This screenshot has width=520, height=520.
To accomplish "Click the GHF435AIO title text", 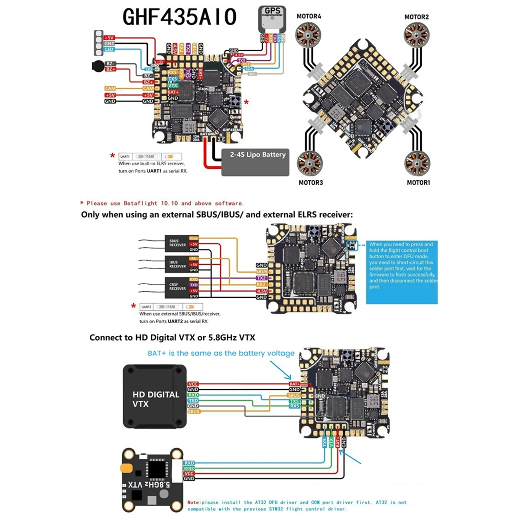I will (x=179, y=17).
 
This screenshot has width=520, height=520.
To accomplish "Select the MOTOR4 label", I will (x=309, y=16).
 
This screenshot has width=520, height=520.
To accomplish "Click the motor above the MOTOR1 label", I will (x=417, y=164).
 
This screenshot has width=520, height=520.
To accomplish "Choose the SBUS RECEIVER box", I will (x=177, y=243).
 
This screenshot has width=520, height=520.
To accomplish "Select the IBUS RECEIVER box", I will (x=177, y=264).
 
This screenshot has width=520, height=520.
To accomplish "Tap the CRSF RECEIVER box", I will (x=177, y=286).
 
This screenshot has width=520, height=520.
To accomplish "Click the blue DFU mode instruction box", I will (x=402, y=272).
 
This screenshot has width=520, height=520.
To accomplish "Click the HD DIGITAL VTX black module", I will (x=155, y=396).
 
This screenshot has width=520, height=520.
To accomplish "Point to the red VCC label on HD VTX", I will (x=193, y=384).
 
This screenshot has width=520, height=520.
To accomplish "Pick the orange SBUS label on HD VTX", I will (x=194, y=411).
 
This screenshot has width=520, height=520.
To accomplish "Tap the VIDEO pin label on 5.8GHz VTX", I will (x=189, y=468).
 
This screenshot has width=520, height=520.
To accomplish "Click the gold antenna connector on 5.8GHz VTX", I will (x=126, y=468).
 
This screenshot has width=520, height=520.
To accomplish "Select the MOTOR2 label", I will (x=416, y=17).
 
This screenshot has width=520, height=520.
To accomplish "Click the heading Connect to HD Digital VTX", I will (x=172, y=338).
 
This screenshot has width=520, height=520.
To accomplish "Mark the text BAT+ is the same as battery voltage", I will (x=221, y=353).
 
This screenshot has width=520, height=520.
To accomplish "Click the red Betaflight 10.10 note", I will (x=162, y=203).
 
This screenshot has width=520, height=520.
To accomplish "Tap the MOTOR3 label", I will (x=311, y=182).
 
